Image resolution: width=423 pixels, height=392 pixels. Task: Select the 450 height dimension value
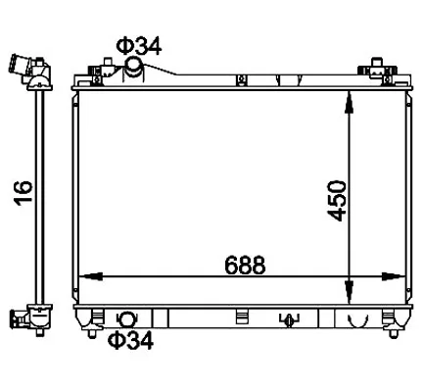pos(336,200)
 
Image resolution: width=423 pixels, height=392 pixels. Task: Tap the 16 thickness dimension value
pos(23,193)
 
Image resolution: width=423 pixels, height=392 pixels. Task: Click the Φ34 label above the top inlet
pos(139,46)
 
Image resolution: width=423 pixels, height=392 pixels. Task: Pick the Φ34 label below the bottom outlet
pos(131,340)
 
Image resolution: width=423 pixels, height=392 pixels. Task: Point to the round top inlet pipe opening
pos(133,64)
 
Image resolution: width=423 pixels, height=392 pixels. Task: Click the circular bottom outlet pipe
pos(126,319)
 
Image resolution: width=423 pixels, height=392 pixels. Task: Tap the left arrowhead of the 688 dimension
pos(91,276)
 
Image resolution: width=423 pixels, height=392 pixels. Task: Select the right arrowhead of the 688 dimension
pos(394,276)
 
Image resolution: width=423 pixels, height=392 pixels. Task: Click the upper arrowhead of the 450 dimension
pos(349,103)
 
